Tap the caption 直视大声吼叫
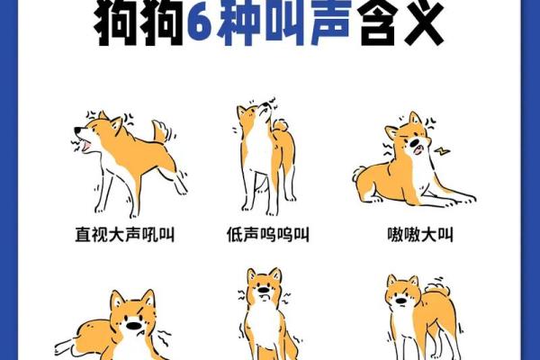(x=124, y=236)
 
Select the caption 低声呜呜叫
(x=268, y=236)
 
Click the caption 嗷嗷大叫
(x=414, y=236)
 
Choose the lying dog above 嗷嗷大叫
(x=409, y=166)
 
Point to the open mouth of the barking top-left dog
(x=84, y=142)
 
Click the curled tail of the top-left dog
(x=160, y=132)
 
